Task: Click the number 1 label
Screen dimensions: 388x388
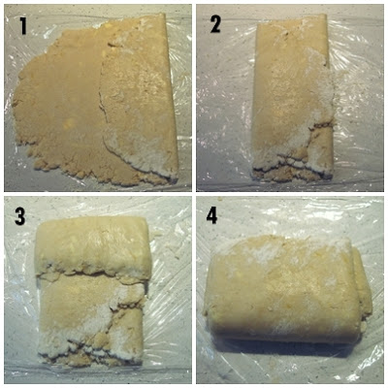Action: [22, 25]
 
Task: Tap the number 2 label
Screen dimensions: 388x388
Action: [215, 24]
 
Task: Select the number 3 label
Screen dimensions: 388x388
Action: [19, 215]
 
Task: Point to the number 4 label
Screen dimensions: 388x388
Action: [211, 215]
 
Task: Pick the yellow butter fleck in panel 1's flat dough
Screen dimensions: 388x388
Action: [68, 123]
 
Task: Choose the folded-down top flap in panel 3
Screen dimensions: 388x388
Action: [92, 247]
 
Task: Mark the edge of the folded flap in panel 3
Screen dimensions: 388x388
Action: [92, 275]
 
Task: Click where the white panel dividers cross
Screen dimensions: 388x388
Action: [194, 194]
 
